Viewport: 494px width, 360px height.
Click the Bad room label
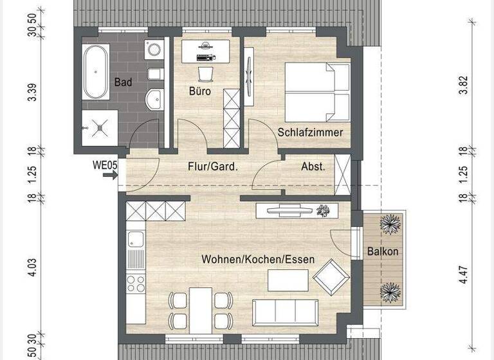point(123,82)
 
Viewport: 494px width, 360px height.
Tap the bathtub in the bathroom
point(96,71)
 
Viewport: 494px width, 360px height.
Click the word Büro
point(199,91)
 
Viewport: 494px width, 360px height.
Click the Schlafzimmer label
point(310,132)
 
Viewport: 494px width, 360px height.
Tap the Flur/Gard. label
point(213,166)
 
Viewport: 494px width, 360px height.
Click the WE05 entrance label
point(105,165)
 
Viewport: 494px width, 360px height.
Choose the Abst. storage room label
point(313,166)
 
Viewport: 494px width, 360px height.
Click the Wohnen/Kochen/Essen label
point(258,260)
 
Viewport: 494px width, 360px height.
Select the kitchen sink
point(136,240)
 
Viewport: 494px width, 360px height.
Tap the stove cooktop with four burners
point(136,283)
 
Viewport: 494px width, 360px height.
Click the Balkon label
point(383,252)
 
